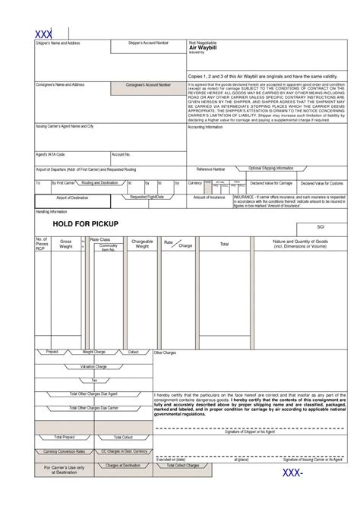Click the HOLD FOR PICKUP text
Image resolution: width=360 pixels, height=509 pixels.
(x=84, y=224)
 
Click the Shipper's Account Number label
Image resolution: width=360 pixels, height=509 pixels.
(x=149, y=43)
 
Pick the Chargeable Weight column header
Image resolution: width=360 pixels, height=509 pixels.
(x=142, y=243)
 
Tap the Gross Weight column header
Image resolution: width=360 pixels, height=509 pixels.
(x=66, y=243)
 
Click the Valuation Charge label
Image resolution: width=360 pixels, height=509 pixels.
(x=94, y=366)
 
